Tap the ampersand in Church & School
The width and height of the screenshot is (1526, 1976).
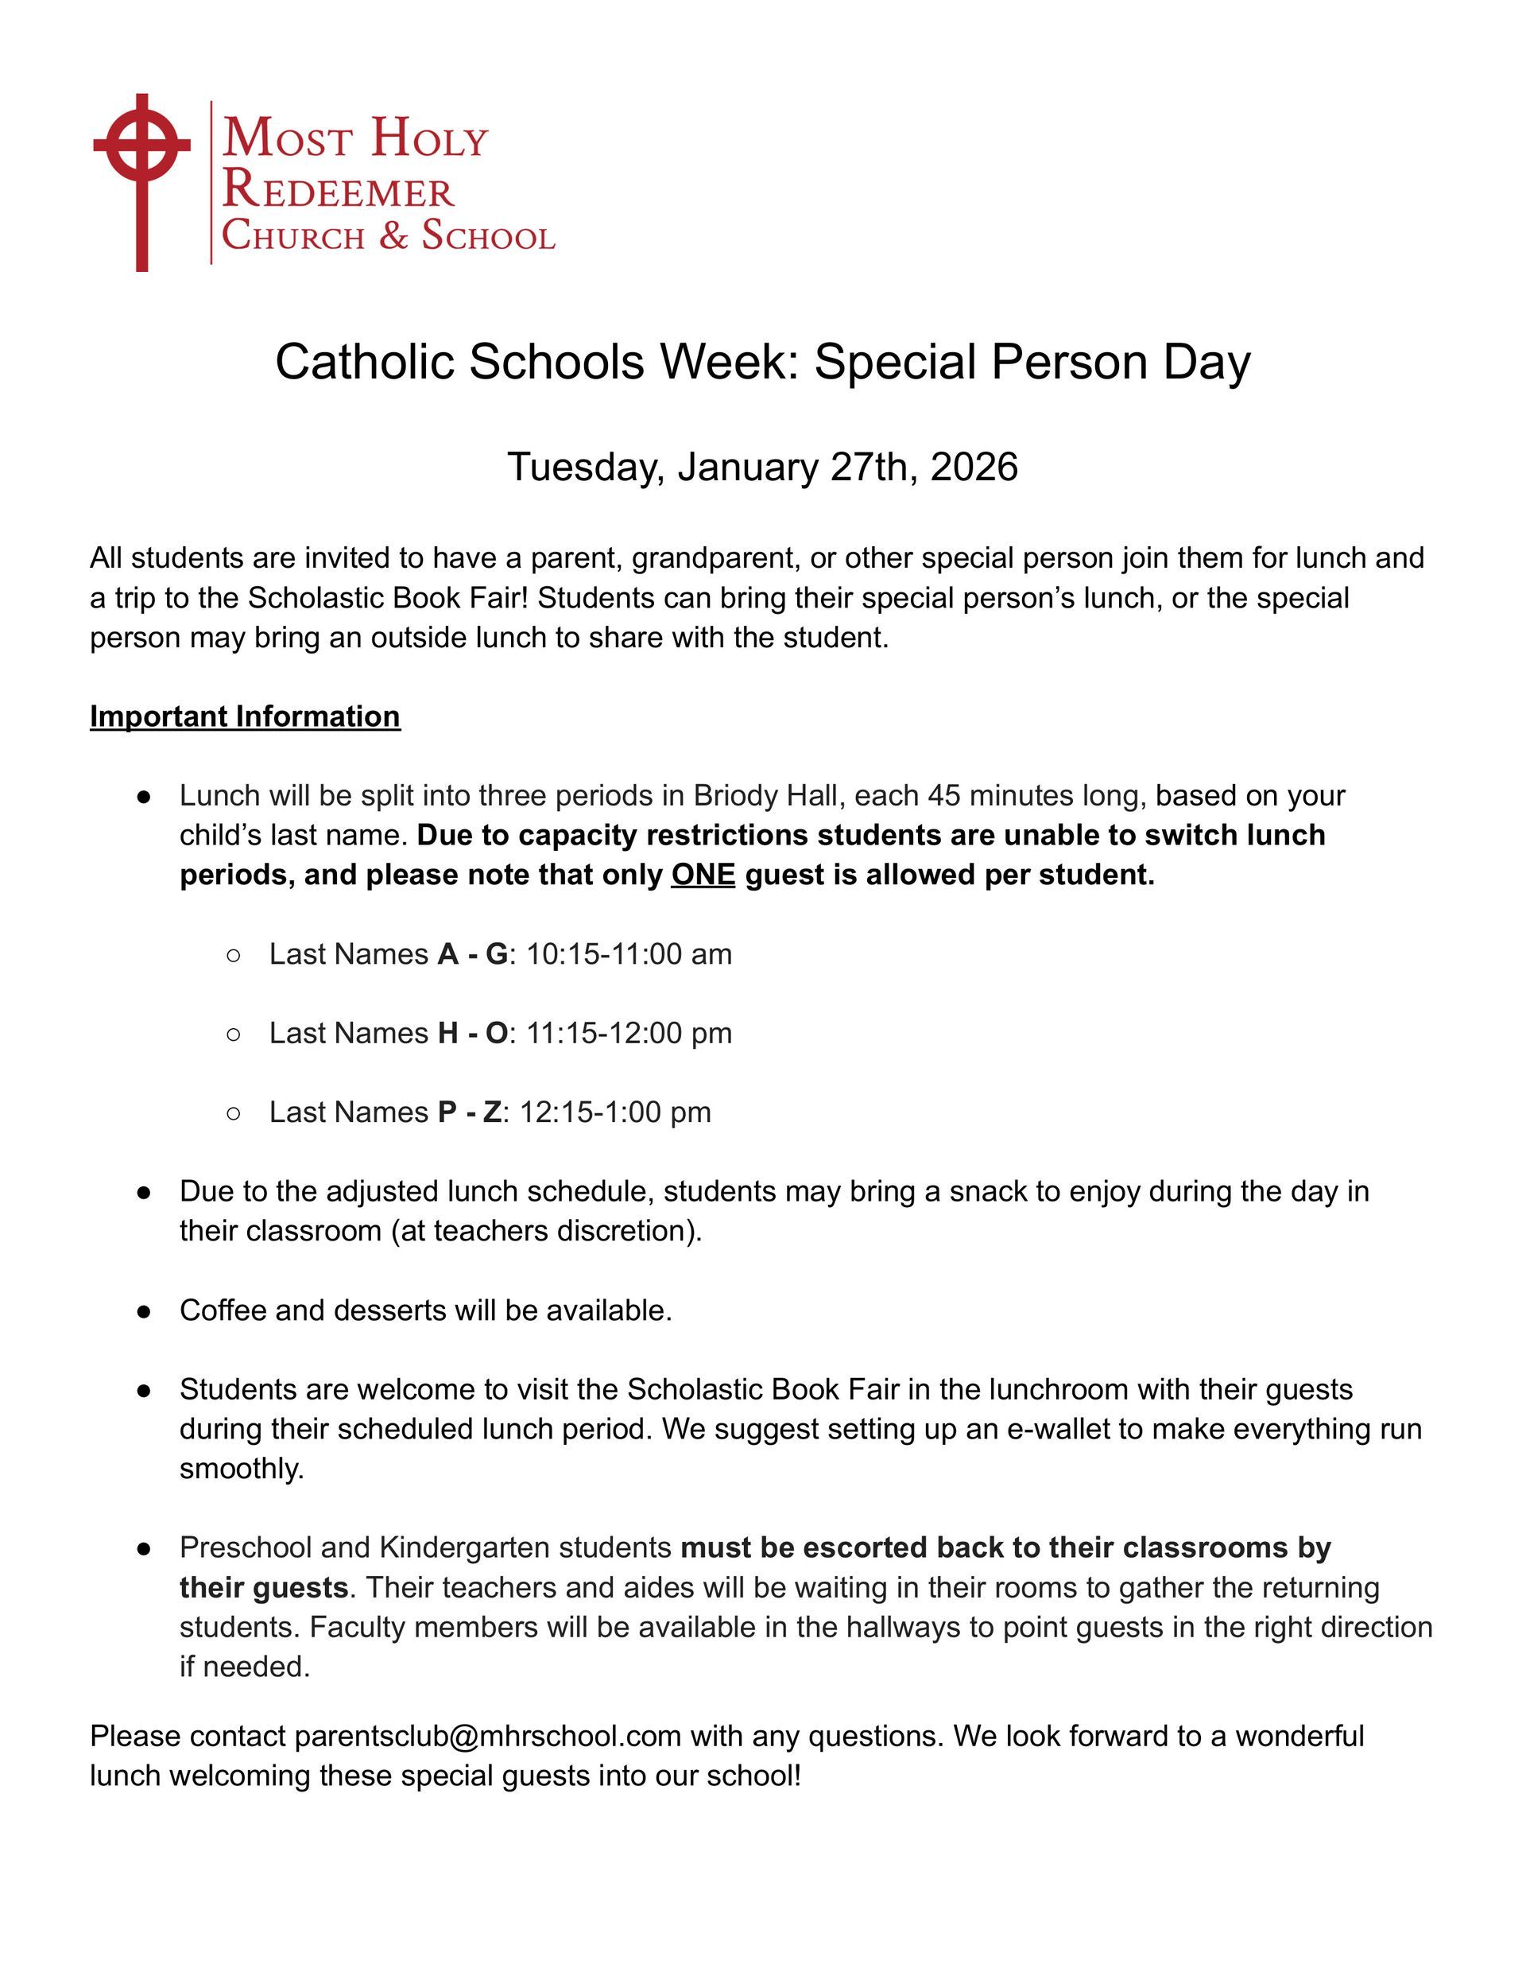(x=393, y=235)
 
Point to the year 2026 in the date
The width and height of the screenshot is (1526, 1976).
(x=974, y=467)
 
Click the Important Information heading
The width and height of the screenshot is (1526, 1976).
(x=245, y=716)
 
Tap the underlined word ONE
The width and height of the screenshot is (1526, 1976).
(x=703, y=875)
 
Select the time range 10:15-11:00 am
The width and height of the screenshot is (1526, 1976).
(x=629, y=953)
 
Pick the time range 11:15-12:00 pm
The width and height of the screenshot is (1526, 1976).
(x=629, y=1032)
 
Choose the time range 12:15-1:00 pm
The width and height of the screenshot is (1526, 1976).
(x=615, y=1111)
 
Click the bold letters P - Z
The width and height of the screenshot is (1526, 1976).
(x=469, y=1111)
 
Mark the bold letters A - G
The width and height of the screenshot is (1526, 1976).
(x=472, y=953)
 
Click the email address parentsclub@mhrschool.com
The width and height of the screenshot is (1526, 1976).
(x=487, y=1735)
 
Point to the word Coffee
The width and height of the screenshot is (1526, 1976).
(x=223, y=1309)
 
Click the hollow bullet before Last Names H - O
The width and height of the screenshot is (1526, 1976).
(x=234, y=1033)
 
